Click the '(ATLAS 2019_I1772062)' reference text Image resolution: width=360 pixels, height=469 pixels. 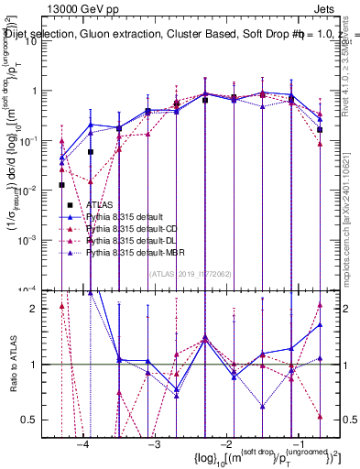pos(190,273)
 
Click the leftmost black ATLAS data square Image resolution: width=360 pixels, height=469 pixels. pos(61,185)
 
